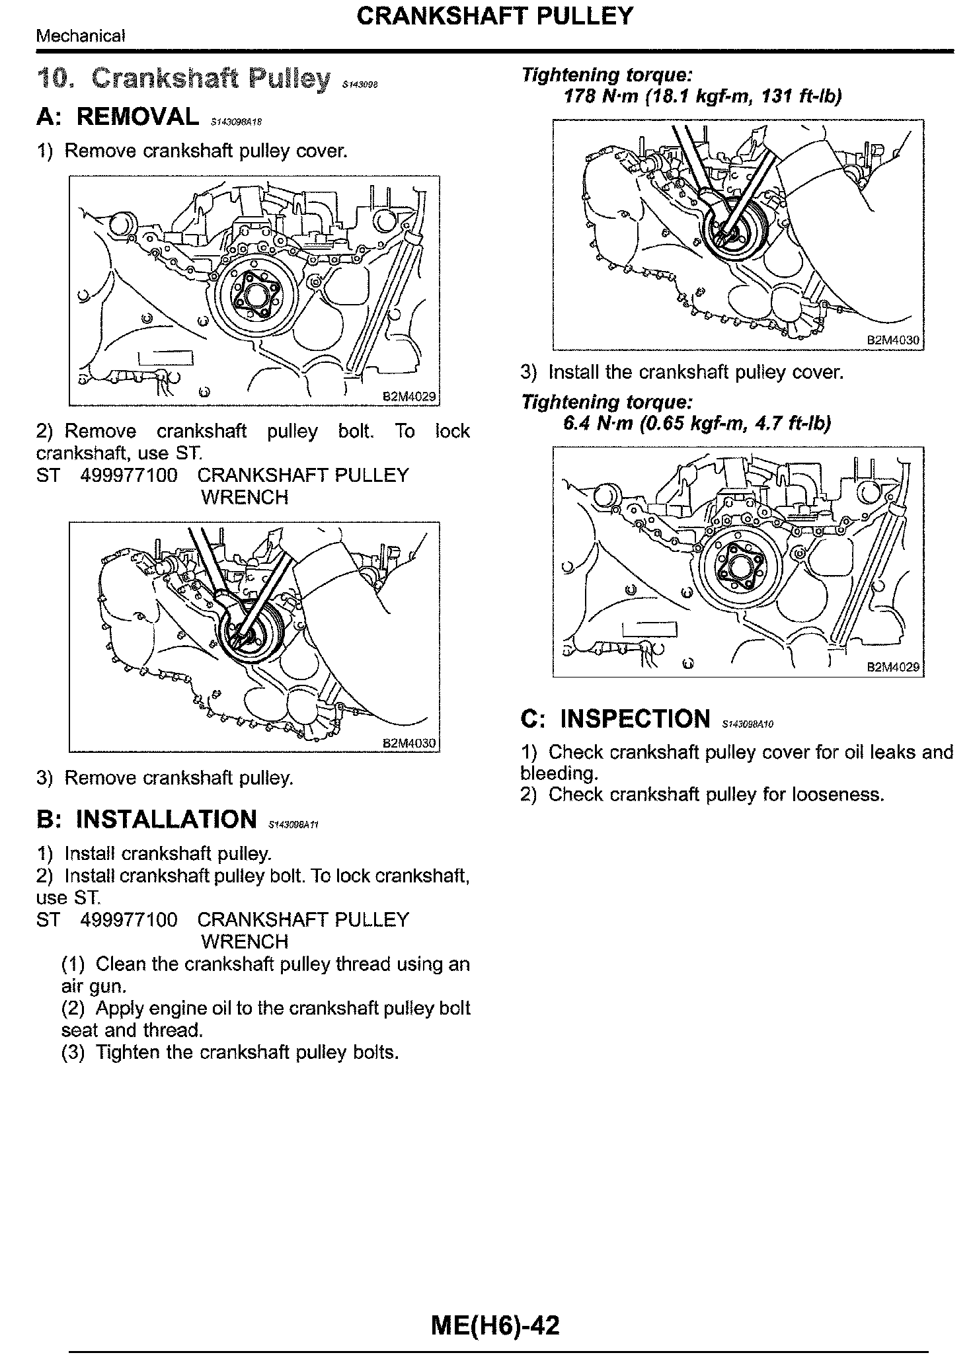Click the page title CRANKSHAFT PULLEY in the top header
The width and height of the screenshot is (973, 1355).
(x=494, y=16)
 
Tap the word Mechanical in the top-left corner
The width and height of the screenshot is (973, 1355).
(x=80, y=36)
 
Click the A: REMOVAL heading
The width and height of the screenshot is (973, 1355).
(x=118, y=116)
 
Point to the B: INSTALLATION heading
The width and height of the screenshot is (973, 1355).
(x=147, y=819)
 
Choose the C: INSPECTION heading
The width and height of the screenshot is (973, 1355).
(x=615, y=718)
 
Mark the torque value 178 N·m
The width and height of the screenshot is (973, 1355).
(x=600, y=97)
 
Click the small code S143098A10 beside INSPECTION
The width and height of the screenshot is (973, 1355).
(x=748, y=724)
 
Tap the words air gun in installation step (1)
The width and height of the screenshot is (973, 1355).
(x=93, y=986)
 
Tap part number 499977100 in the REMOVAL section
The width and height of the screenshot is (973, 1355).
(x=128, y=475)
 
